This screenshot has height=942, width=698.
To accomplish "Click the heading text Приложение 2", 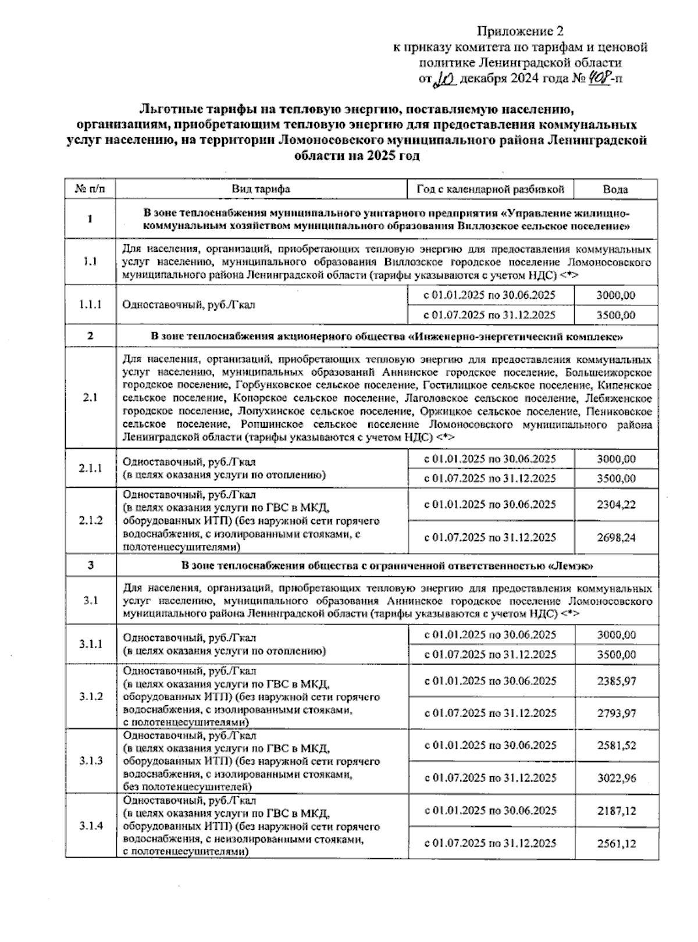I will [x=521, y=31].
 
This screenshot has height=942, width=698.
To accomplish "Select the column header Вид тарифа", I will [x=261, y=189].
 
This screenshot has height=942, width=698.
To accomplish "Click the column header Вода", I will [x=615, y=189].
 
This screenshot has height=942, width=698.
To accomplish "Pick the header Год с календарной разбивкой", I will [x=490, y=189].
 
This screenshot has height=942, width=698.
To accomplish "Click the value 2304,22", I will [x=616, y=505].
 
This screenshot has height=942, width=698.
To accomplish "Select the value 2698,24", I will [x=616, y=537].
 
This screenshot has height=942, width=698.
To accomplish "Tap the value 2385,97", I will [x=616, y=681].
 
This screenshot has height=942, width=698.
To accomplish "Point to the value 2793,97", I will [x=616, y=713].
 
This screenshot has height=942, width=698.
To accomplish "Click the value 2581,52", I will [x=616, y=745].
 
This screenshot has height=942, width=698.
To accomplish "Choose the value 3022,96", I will [x=616, y=778].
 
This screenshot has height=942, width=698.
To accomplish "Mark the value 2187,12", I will [x=616, y=811].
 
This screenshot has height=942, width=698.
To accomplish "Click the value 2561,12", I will [x=616, y=843].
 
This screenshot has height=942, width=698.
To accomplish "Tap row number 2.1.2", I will [x=90, y=520].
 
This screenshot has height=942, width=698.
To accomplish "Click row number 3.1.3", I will [x=91, y=761].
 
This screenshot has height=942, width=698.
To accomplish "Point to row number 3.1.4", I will [x=91, y=826].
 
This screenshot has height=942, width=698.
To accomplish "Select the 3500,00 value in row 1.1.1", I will [x=616, y=315].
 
